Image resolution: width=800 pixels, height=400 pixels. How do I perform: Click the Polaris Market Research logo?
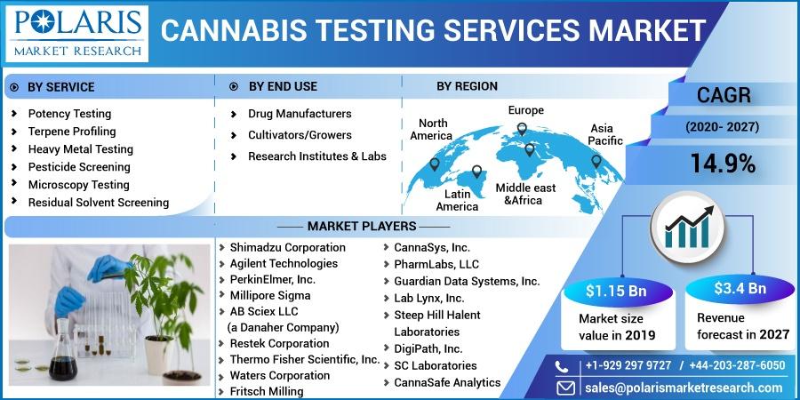point(77,34)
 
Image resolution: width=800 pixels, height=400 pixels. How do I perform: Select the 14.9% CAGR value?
point(723,164)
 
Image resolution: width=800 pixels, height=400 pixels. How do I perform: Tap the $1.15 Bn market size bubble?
point(616,292)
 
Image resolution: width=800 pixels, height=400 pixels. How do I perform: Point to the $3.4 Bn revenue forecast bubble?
point(740,289)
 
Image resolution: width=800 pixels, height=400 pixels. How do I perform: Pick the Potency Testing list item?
point(69,114)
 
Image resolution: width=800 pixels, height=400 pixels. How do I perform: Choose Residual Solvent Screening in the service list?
point(99,203)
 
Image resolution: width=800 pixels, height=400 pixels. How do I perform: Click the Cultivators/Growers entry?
point(300,135)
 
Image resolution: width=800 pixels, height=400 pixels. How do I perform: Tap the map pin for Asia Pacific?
point(596,162)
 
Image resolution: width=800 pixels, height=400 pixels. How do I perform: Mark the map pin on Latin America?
point(476,172)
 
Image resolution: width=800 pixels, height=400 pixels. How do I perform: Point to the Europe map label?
point(525,110)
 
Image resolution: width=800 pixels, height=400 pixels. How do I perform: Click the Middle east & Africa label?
point(525,194)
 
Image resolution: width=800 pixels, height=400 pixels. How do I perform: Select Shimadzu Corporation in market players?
point(287,247)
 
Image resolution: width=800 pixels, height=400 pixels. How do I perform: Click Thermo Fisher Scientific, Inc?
point(305,359)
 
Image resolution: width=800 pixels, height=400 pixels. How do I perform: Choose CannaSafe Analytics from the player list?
point(447,382)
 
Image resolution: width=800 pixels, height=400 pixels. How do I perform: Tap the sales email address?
point(684,388)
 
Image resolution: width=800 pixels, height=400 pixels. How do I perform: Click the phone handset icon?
point(562,366)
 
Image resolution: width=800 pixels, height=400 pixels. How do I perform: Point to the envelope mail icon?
point(565,388)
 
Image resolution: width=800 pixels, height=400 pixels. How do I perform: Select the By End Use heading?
point(283,87)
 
